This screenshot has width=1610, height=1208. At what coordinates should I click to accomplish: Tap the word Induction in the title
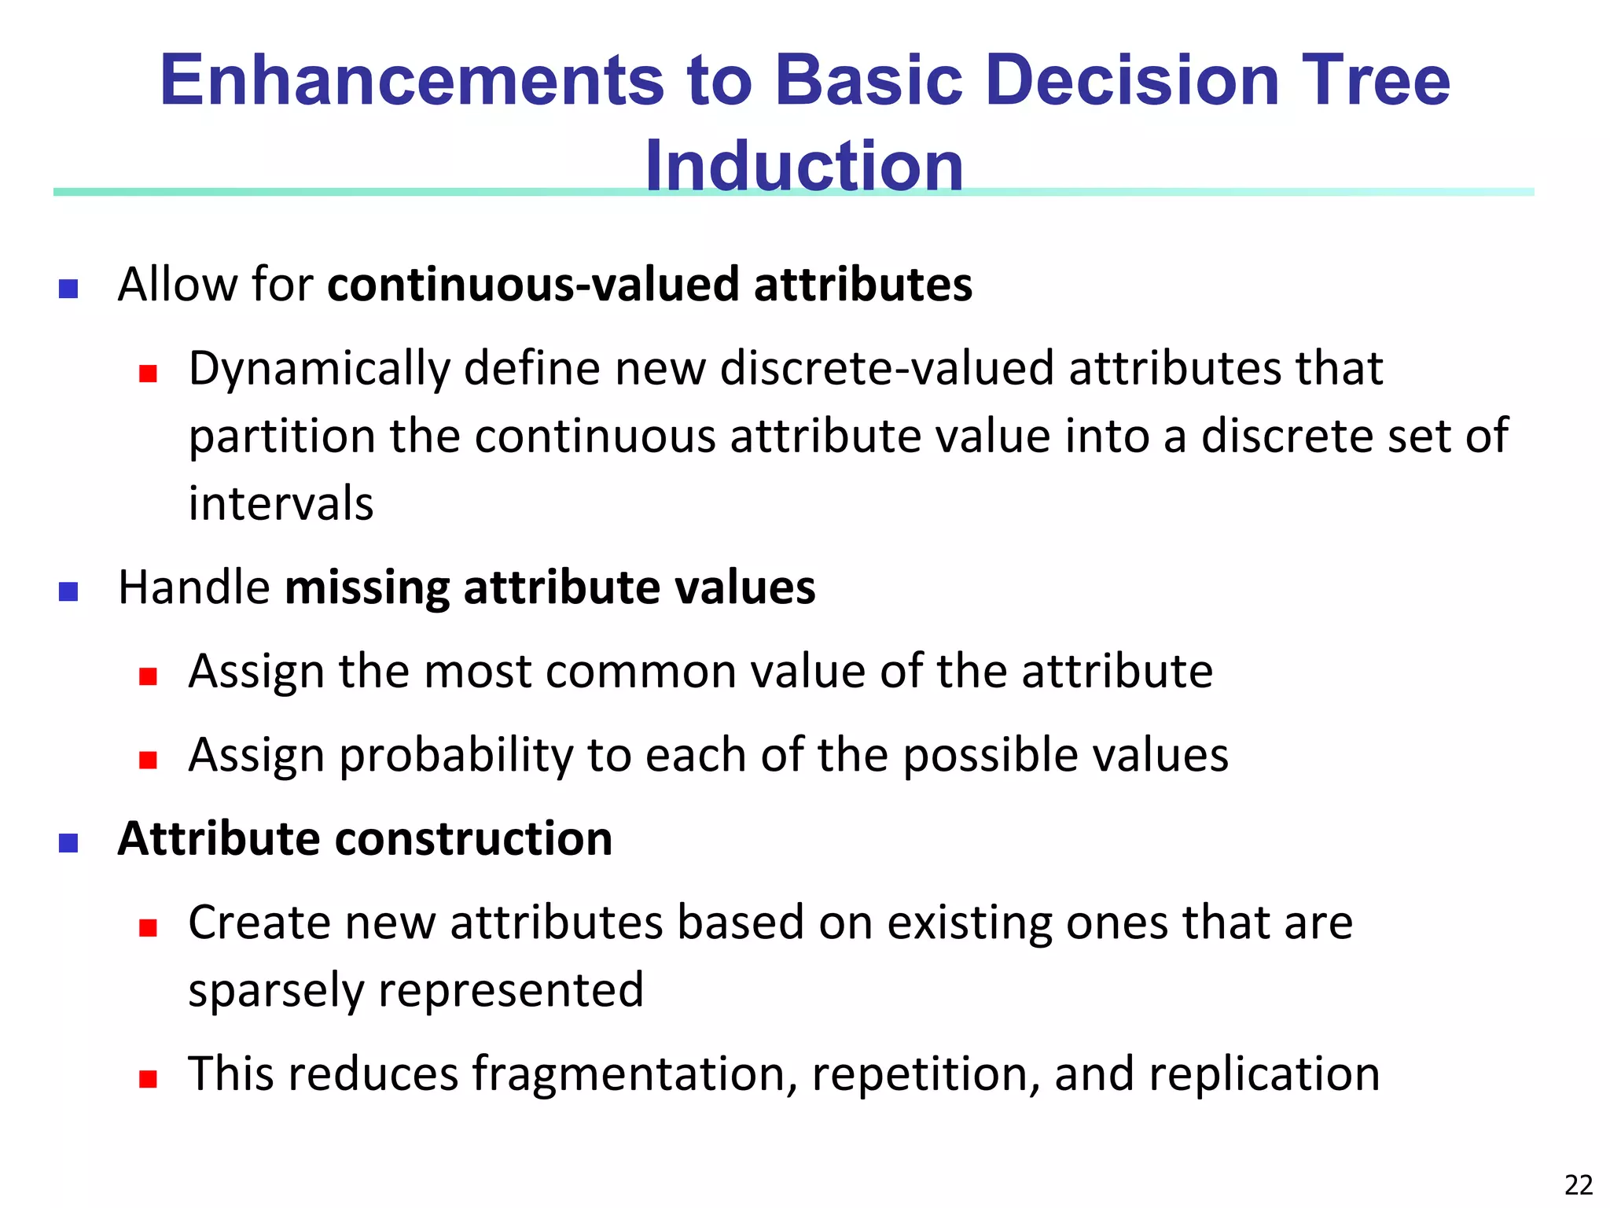[803, 166]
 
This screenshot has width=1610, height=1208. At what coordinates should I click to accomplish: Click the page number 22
[1579, 1184]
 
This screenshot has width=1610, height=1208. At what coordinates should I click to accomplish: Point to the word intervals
[281, 504]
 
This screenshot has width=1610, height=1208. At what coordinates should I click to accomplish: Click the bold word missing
[367, 588]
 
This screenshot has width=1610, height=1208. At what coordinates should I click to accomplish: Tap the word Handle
[194, 587]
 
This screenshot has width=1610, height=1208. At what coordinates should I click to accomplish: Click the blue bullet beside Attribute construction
[68, 843]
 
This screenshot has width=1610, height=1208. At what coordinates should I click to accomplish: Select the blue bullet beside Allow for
[68, 289]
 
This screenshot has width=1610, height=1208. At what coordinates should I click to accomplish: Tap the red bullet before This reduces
[148, 1078]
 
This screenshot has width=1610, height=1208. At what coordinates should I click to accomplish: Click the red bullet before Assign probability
[148, 760]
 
